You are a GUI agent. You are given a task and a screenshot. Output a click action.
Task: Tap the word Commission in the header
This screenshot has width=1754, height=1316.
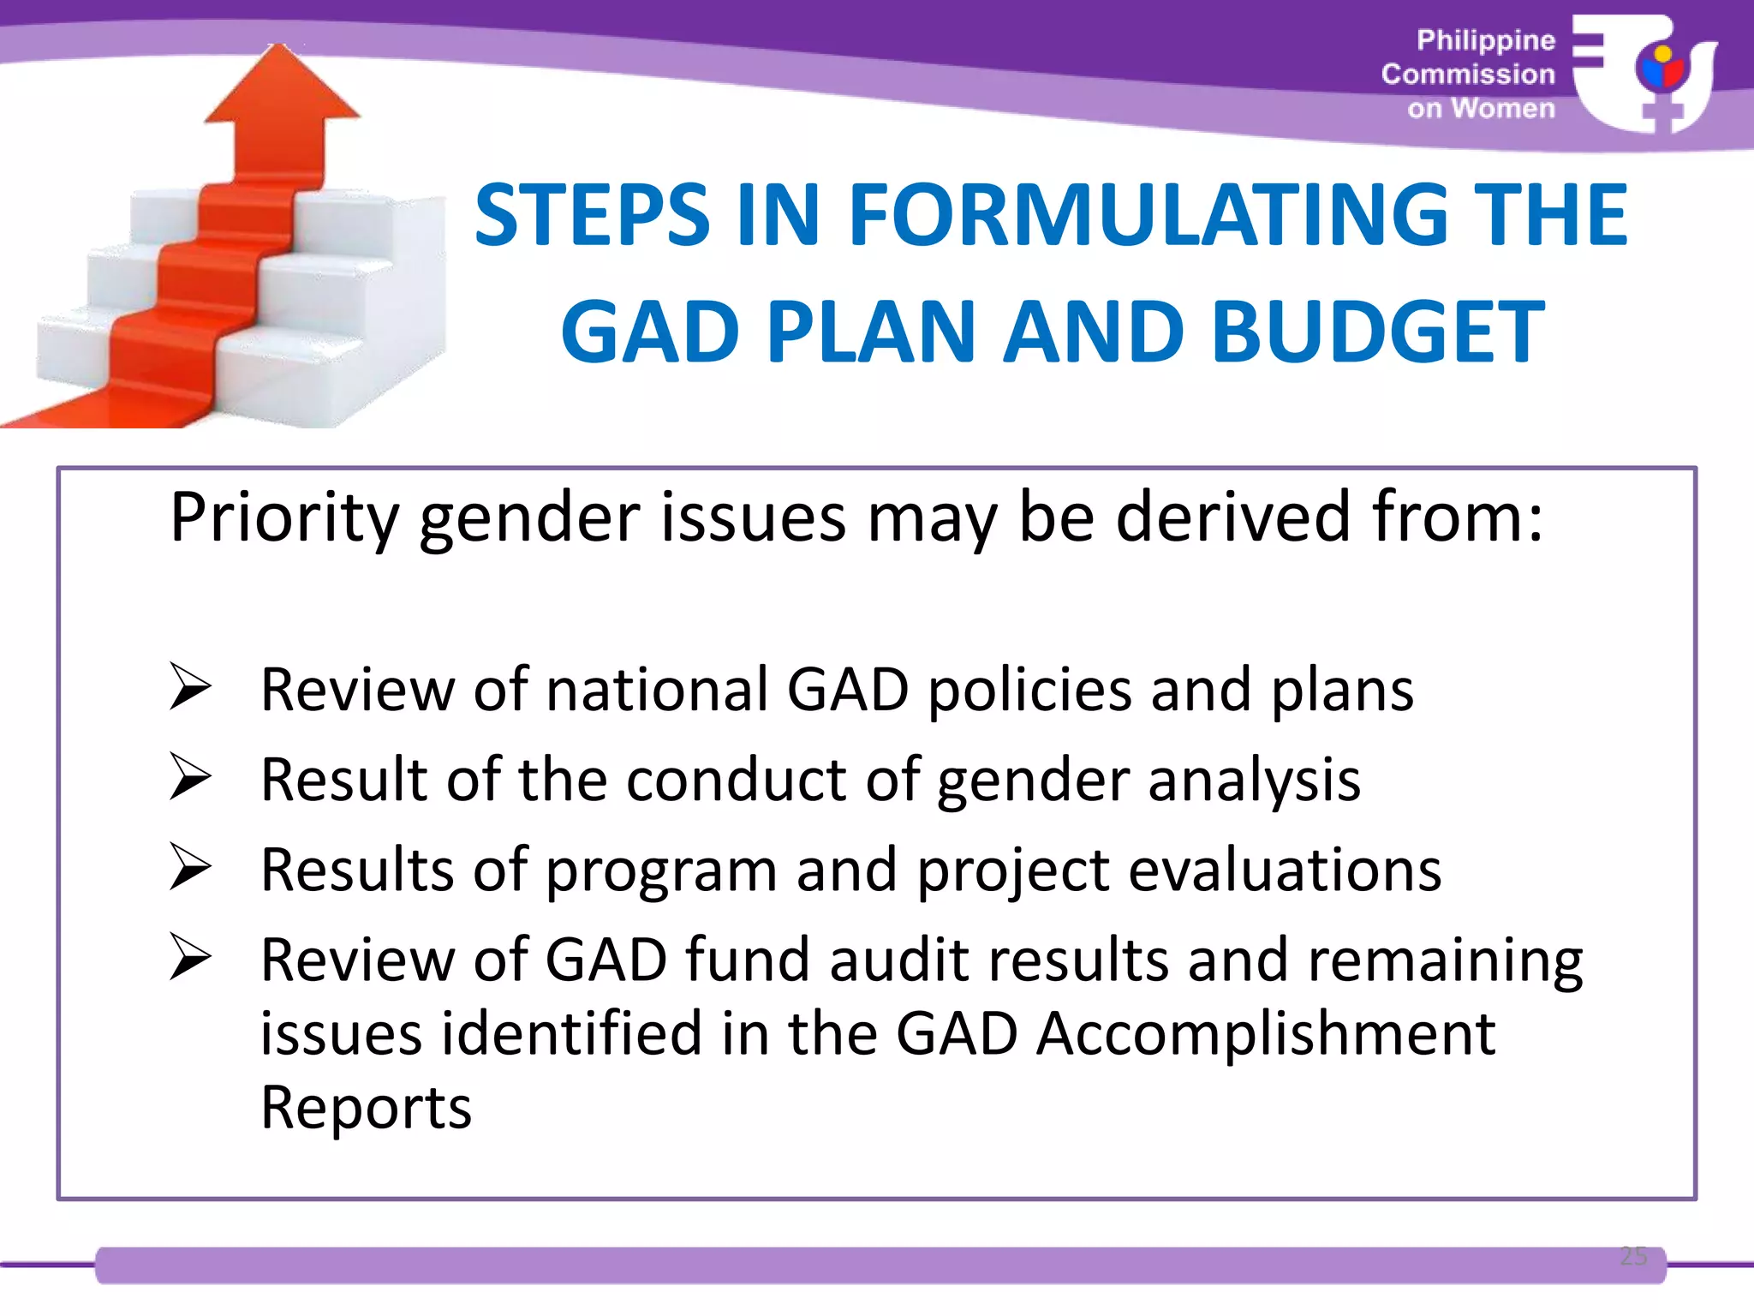coord(1468,75)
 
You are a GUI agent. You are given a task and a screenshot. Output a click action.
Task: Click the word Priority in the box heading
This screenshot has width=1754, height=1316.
coord(283,519)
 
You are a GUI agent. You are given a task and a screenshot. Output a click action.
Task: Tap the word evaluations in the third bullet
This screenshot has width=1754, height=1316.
coord(1285,870)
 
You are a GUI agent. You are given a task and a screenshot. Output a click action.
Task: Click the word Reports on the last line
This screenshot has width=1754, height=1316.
coord(366,1108)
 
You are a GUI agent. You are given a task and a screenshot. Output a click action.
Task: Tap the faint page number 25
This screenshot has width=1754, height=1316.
coord(1633,1256)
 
